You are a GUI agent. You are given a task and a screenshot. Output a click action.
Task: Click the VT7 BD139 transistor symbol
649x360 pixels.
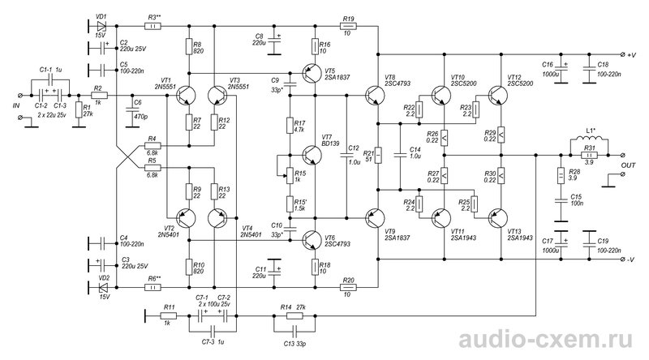click(x=312, y=155)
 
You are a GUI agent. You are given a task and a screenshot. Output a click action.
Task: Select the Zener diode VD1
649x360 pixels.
click(x=101, y=26)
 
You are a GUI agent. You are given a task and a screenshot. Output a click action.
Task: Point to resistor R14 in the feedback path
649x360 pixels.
click(x=294, y=316)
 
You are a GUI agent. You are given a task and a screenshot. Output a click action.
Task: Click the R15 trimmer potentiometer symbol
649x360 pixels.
click(x=290, y=176)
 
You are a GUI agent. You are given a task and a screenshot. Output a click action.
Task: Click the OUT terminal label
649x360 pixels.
click(x=628, y=165)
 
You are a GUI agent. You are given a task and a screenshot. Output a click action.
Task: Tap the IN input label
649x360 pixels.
click(x=16, y=106)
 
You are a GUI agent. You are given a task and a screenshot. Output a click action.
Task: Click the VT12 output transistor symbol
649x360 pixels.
click(x=497, y=95)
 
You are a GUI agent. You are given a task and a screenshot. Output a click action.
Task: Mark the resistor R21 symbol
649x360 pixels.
click(x=377, y=156)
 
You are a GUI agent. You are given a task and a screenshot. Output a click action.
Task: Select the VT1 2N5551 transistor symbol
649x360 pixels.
click(x=186, y=95)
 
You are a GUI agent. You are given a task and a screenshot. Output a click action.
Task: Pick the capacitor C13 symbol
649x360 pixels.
click(x=294, y=331)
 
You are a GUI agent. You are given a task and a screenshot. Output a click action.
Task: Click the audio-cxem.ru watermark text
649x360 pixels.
click(x=546, y=340)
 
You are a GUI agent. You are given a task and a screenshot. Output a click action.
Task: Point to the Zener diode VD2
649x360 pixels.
click(x=101, y=287)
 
